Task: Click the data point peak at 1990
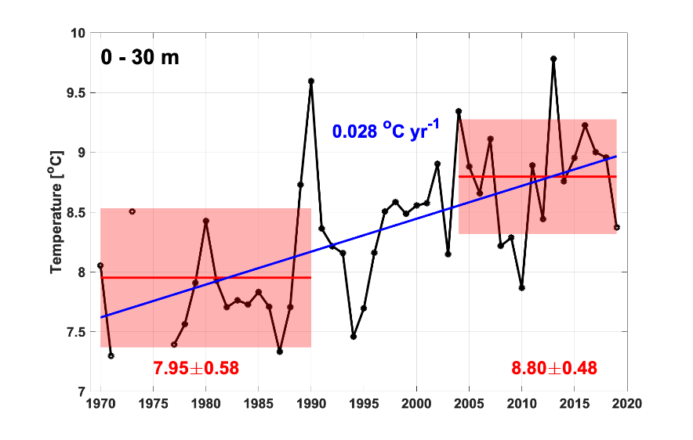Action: pos(311,81)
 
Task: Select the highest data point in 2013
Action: pos(553,59)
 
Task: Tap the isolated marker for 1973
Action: pos(132,211)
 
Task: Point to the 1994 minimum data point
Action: pos(354,337)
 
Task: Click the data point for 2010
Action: pos(521,287)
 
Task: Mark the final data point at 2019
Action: pos(617,227)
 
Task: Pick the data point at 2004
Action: pos(459,111)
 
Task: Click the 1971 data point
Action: pos(111,355)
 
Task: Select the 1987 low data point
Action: pos(280,352)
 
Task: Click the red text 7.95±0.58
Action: pos(195,367)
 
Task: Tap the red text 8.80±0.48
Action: pos(553,367)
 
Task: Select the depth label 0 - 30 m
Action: pos(140,57)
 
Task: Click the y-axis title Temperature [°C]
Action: pos(56,212)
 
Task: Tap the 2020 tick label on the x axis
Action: pos(627,404)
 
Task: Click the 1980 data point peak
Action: pos(205,221)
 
